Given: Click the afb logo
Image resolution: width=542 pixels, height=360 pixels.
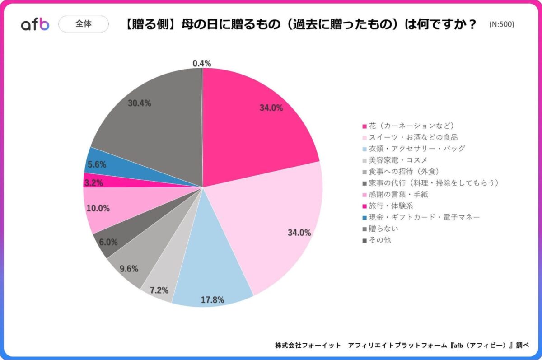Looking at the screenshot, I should (35, 24).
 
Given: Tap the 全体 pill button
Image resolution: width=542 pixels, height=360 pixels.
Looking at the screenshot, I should (84, 24).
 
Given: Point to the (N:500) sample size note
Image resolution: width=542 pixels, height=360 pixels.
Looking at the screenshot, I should (501, 24).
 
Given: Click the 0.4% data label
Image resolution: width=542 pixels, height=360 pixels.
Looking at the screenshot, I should (201, 64).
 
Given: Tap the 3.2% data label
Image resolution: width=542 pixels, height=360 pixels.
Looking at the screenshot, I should (93, 183).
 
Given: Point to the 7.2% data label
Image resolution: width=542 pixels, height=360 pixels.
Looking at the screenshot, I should (159, 290).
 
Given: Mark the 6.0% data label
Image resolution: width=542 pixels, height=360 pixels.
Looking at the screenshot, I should (108, 242).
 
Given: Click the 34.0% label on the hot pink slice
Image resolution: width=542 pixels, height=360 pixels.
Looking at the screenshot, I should (271, 108).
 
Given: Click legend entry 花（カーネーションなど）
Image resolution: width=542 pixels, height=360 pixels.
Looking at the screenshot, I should (411, 126).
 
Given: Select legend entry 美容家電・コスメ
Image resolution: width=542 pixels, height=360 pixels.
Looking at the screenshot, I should (397, 160).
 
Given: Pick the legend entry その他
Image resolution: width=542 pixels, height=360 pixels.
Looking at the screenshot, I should (379, 240).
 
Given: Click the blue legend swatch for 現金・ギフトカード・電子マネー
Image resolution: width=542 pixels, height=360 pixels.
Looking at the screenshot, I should (364, 217).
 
